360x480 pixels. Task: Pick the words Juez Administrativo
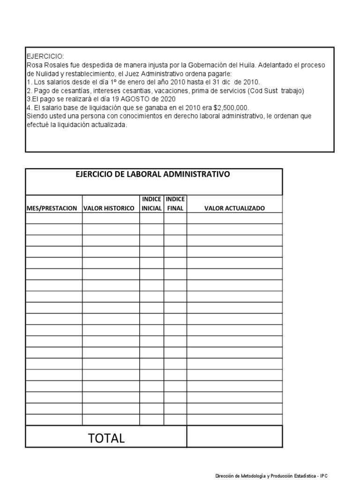coord(171,74)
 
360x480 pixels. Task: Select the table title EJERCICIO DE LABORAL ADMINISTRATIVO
coord(153,174)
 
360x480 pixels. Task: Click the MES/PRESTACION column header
coord(52,208)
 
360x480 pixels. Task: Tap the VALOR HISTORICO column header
coord(109,208)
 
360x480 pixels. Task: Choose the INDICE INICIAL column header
coord(151,204)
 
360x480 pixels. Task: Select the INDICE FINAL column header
coord(175,204)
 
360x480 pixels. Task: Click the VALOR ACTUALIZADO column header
coord(234,208)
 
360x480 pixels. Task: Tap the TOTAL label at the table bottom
coord(106,438)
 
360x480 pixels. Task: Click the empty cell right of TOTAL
coord(234,437)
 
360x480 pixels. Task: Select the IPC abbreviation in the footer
coord(324,476)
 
